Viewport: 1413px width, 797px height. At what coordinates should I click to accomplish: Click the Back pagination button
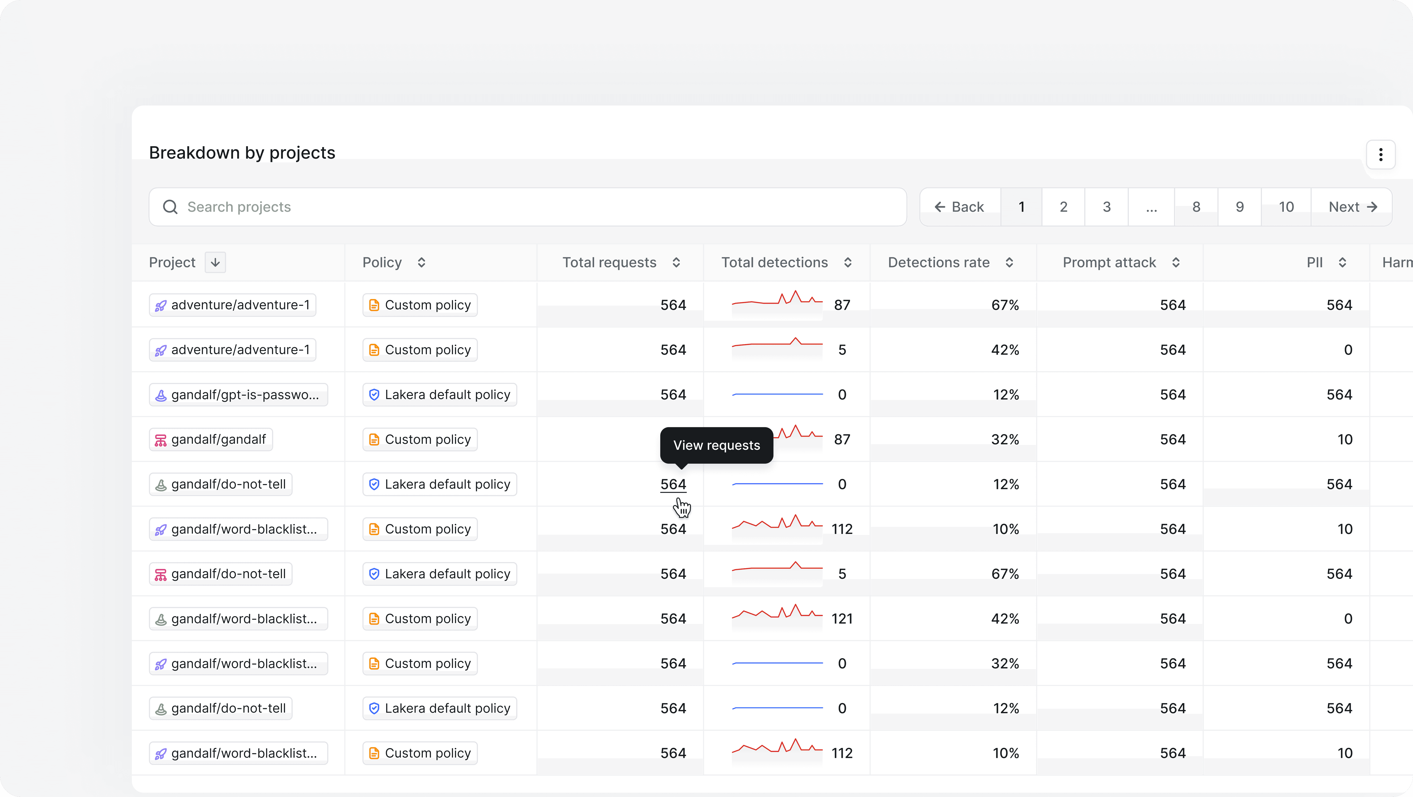960,207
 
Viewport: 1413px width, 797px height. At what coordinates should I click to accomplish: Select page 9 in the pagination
1240,207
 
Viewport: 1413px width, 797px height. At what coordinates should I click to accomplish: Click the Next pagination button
1352,207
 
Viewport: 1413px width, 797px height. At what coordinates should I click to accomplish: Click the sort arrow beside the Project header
215,263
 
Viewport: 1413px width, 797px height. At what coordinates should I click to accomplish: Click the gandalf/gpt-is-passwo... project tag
239,395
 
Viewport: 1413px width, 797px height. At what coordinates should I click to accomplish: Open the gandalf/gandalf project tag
211,440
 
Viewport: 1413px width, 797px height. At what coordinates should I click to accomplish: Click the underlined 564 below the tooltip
673,485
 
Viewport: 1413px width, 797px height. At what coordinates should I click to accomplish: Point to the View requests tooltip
716,445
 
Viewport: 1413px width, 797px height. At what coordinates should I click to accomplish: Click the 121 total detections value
842,619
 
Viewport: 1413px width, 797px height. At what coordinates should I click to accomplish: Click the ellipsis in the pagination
1151,207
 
